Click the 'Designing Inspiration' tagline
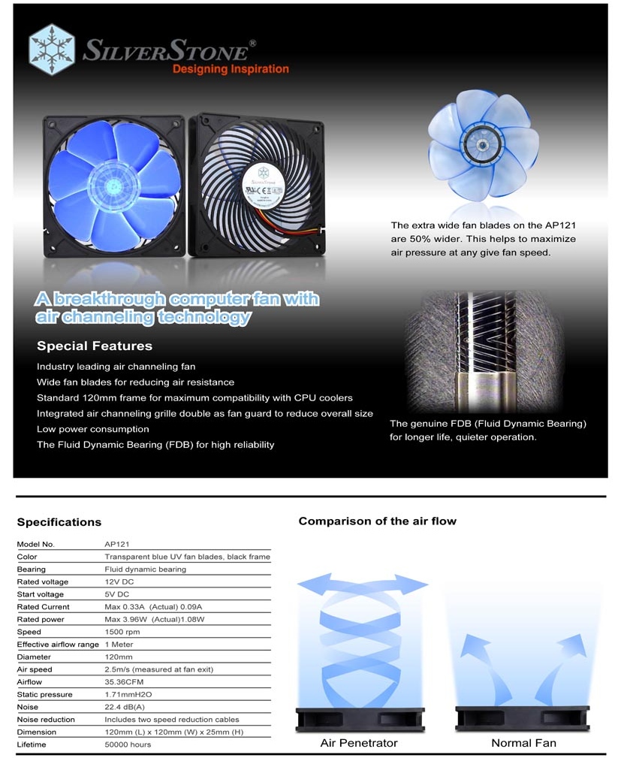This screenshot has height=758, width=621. point(231,69)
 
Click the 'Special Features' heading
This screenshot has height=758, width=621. point(95,346)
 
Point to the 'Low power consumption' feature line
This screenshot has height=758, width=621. point(93,429)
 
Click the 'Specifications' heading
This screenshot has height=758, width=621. point(59,522)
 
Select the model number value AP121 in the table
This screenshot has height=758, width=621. point(118,544)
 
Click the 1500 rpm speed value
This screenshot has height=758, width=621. point(123,632)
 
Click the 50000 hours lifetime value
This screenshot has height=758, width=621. point(128,744)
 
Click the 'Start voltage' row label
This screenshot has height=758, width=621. point(41,594)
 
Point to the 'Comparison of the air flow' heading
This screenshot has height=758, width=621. point(377,521)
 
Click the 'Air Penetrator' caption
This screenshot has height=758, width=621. point(359,743)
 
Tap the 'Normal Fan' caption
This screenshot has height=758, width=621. point(523,743)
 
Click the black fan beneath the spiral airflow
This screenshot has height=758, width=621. point(360,719)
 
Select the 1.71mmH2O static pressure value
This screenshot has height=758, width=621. point(130,694)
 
